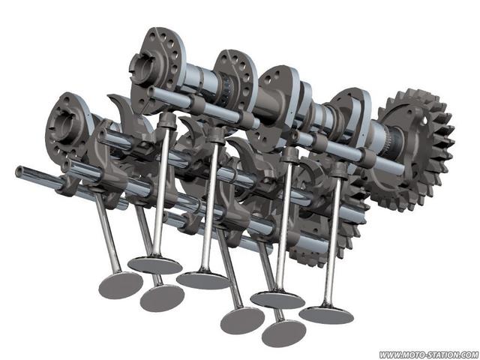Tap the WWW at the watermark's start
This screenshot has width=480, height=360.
point(388,355)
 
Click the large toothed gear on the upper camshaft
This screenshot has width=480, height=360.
point(413,150)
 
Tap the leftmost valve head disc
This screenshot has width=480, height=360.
point(121,285)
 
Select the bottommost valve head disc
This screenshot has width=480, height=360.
point(283,334)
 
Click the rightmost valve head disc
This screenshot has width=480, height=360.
point(326,315)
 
